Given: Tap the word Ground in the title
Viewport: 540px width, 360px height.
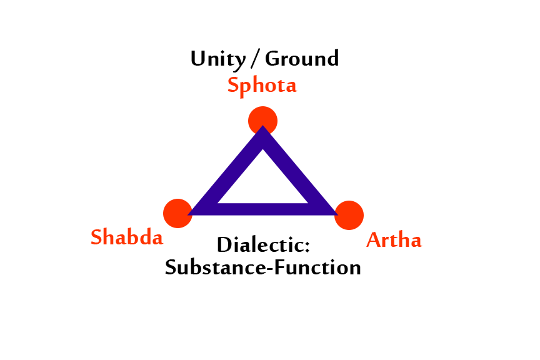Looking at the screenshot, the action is (302, 59).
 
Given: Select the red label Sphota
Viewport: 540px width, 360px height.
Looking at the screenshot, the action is (262, 85).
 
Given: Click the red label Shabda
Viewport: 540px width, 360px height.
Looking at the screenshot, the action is (127, 237).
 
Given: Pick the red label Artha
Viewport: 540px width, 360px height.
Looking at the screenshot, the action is (394, 240).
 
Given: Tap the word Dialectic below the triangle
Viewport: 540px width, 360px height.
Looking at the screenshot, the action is (263, 245).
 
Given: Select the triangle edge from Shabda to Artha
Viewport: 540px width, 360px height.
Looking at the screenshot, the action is (263, 209).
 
